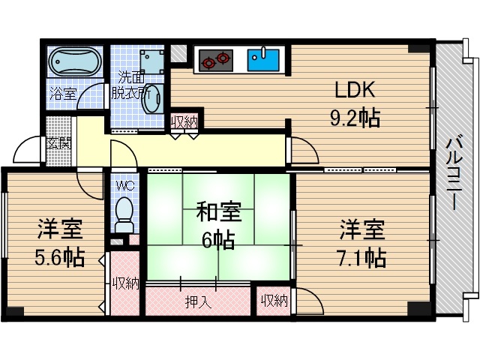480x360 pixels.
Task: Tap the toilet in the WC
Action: pos(124,214)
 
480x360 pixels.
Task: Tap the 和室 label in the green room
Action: pos(218,212)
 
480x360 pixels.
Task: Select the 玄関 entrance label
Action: pos(59,142)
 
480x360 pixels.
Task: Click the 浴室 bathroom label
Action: pos(62,93)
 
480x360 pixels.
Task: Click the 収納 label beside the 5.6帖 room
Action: pos(125,283)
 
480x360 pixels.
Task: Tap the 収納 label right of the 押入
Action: pos(274,301)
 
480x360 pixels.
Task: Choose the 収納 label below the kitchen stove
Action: pos(184,121)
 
